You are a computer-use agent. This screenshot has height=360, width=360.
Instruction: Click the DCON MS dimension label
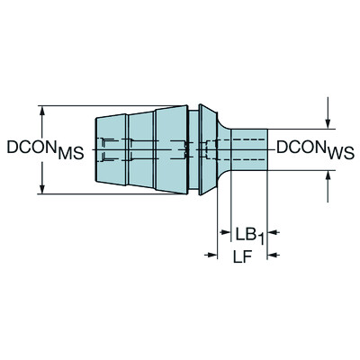coord(45,149)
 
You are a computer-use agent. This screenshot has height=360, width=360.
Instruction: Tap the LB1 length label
coord(245,234)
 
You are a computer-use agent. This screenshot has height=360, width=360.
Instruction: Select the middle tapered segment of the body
coord(139,148)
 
